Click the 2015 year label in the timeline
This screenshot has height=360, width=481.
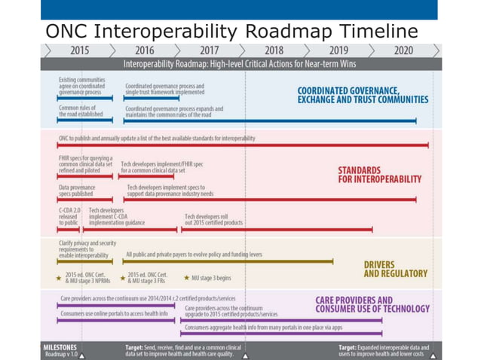point(78,50)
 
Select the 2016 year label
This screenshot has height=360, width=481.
point(144,50)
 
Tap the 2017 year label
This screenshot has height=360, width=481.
point(209,50)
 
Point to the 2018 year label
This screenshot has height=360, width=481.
point(274,50)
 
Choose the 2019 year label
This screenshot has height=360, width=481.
point(339,50)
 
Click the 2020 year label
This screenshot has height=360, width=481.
point(403,50)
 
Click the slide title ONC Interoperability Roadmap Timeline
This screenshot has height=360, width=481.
point(231,31)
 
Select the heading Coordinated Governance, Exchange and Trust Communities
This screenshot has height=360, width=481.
point(363,95)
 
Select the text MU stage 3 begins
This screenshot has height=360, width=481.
point(213,278)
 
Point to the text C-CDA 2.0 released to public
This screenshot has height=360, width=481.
point(69,216)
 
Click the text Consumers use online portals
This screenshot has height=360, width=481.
point(114,314)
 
